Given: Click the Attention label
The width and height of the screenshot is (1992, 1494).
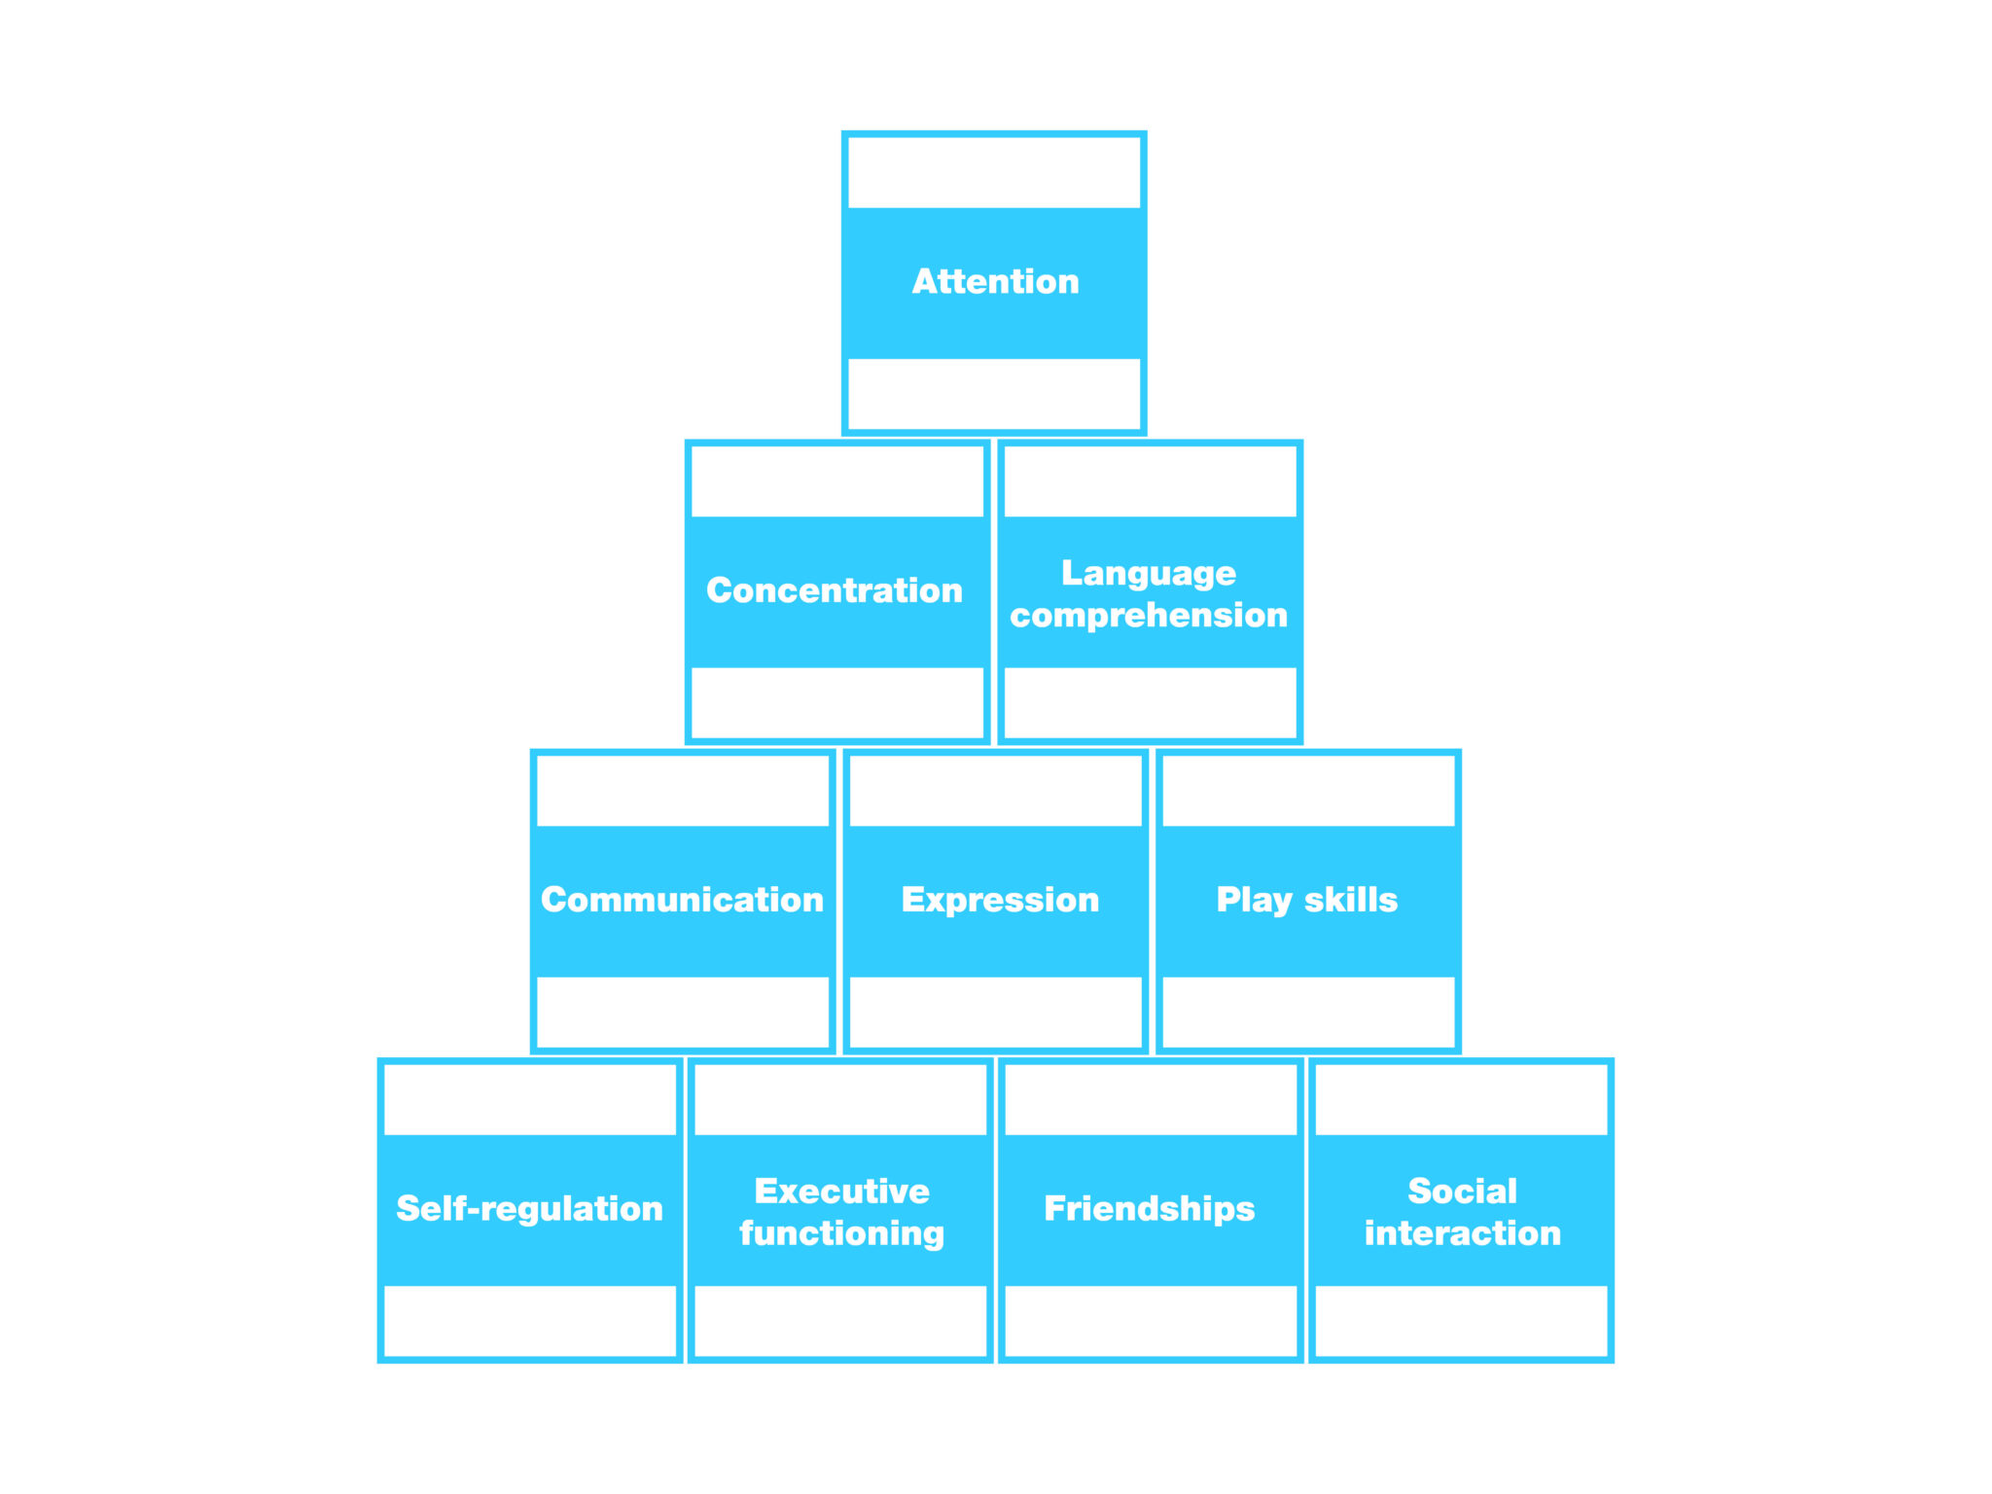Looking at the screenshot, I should (995, 282).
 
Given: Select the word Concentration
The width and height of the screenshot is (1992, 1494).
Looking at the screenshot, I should (835, 590).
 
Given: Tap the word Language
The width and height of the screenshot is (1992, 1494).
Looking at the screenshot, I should (1149, 573).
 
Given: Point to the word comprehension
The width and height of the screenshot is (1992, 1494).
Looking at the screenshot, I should (1149, 616).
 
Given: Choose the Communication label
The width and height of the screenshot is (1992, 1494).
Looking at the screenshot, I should (682, 900).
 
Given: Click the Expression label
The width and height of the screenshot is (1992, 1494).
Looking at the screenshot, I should (1000, 900).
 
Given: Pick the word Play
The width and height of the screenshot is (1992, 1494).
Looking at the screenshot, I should (1254, 900).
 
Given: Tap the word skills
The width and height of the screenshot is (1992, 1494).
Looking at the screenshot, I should (1351, 900).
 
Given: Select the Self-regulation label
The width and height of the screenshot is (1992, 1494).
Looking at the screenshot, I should (529, 1208).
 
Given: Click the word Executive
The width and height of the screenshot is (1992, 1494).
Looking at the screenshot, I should (842, 1191).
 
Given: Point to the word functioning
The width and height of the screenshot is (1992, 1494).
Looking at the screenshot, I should (842, 1233).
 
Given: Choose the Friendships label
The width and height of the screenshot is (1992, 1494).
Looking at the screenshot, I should (1150, 1208).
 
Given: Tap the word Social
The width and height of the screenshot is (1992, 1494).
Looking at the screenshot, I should (1462, 1191).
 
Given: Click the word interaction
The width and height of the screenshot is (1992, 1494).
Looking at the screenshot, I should (1462, 1233).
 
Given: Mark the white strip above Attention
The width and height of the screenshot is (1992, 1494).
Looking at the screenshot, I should (994, 172).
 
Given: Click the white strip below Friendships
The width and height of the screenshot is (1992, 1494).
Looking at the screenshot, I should (1151, 1320).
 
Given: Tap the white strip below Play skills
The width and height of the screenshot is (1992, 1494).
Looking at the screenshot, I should (1308, 1012).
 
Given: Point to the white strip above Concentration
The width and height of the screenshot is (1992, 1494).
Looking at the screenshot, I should (837, 481).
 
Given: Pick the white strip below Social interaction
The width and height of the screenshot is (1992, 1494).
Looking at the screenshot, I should (1461, 1320).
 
